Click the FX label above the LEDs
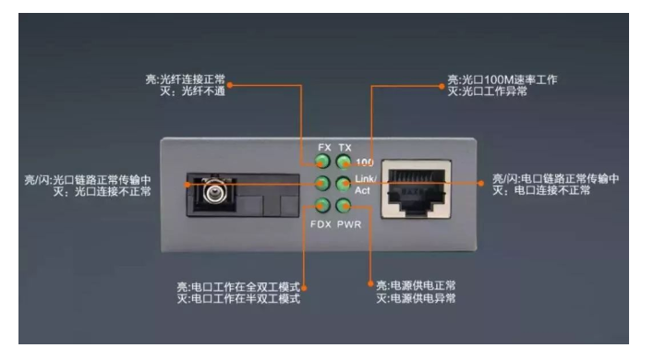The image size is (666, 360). (x=324, y=148)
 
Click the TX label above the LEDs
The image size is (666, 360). (x=345, y=148)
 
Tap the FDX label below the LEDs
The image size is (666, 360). (x=321, y=224)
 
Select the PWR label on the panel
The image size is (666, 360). (x=349, y=224)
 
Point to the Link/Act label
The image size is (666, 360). (x=365, y=185)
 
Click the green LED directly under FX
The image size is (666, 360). (x=322, y=162)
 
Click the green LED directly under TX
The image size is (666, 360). (x=344, y=162)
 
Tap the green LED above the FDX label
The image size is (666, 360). (x=322, y=206)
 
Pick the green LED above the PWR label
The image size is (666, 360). (x=344, y=206)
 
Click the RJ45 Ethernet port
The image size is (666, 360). (x=417, y=189)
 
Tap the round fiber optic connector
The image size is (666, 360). (x=215, y=192)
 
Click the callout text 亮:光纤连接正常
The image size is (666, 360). (x=185, y=79)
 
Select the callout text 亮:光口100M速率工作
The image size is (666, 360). (x=503, y=79)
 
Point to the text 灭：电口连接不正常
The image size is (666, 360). (x=541, y=190)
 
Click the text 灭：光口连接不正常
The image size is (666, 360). (x=102, y=191)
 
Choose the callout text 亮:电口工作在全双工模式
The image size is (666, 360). (x=238, y=286)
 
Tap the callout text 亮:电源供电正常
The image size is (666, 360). (x=416, y=285)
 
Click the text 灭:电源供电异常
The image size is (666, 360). (x=416, y=298)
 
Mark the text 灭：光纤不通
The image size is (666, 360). (x=192, y=91)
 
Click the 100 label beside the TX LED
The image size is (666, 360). (x=365, y=162)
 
